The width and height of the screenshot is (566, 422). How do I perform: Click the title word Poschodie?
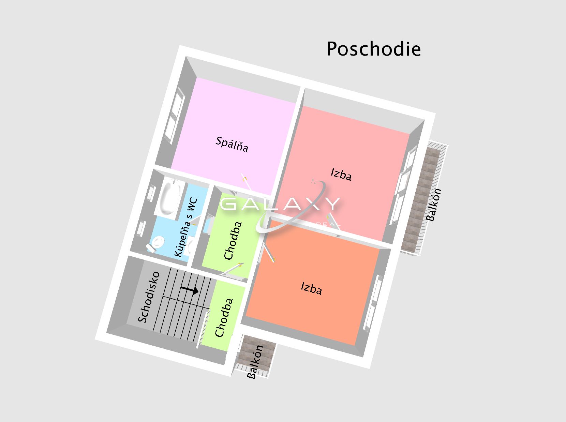pyautogui.click(x=374, y=49)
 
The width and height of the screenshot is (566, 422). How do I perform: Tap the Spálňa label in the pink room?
pyautogui.click(x=232, y=145)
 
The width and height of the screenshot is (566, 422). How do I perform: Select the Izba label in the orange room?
pyautogui.click(x=312, y=288)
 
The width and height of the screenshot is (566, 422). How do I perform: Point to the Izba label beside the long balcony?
pyautogui.click(x=341, y=174)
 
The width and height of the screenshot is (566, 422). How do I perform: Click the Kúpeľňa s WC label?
pyautogui.click(x=186, y=227)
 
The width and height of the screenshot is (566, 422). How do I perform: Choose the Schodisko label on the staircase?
pyautogui.click(x=149, y=297)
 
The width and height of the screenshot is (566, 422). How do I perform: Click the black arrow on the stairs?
pyautogui.click(x=190, y=290)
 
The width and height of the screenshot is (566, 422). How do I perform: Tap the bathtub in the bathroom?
pyautogui.click(x=169, y=198)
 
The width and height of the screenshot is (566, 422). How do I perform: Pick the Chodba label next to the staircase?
pyautogui.click(x=224, y=318)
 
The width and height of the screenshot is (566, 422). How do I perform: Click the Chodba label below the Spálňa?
pyautogui.click(x=233, y=241)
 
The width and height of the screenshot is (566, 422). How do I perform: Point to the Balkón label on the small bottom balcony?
pyautogui.click(x=255, y=362)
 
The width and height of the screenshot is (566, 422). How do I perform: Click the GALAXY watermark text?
pyautogui.click(x=280, y=204)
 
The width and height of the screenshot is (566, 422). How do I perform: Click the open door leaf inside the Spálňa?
pyautogui.click(x=246, y=181)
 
